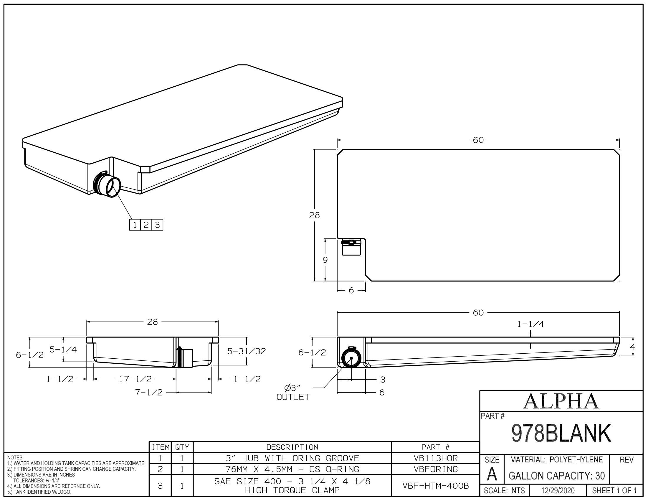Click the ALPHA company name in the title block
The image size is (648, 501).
tap(561, 401)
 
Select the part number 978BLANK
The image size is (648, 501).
tap(561, 433)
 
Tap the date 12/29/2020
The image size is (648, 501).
tap(558, 491)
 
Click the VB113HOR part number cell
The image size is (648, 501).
tap(436, 458)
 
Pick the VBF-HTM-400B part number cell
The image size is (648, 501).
tap(436, 486)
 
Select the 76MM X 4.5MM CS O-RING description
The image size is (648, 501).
tap(292, 469)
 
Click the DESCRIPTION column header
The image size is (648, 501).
tap(292, 447)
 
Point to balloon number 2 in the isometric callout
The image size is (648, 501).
tap(146, 225)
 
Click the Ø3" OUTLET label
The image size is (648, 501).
tap(293, 392)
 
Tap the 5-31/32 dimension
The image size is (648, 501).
tap(246, 351)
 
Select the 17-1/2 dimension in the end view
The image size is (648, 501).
tap(135, 379)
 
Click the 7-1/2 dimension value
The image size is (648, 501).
tap(149, 392)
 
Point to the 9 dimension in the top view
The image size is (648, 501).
tap(325, 260)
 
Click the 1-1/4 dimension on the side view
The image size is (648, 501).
tap(530, 324)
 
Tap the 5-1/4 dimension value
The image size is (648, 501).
tap(63, 350)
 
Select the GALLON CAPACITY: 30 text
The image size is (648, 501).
tap(557, 476)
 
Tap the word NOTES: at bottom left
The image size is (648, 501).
tap(15, 458)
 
